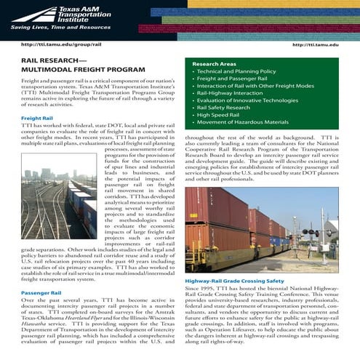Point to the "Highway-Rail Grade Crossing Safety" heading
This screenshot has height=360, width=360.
click(235, 280)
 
